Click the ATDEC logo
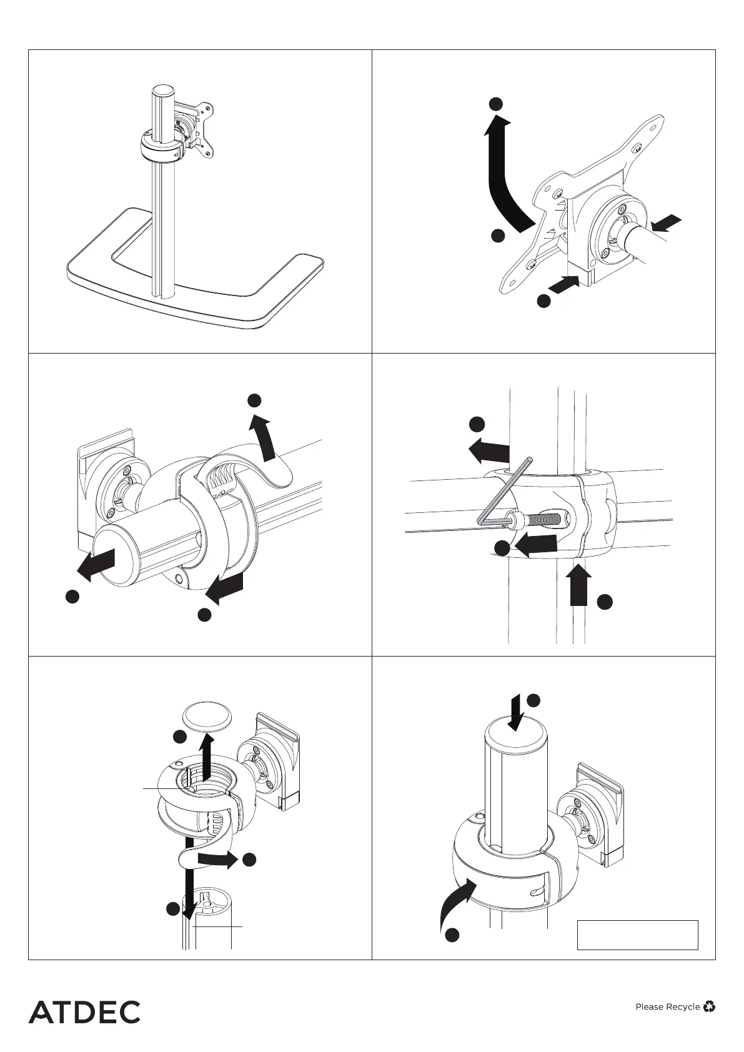tap(84, 1012)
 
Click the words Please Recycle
tap(667, 1006)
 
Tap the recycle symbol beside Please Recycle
tap(709, 1006)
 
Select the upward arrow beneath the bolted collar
tap(580, 584)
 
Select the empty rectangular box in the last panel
tap(637, 935)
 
